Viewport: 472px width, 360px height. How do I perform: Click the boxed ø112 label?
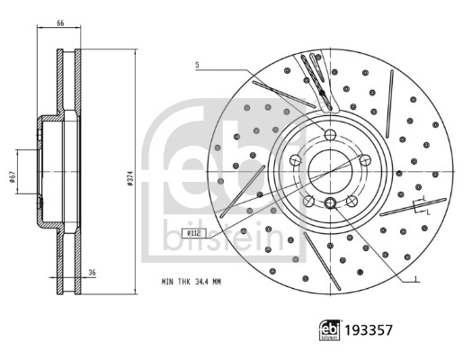click(x=195, y=233)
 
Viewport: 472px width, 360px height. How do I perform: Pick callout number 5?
click(x=196, y=65)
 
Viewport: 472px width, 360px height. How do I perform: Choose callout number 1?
click(x=416, y=279)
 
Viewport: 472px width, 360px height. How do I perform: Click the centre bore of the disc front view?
click(x=329, y=170)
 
